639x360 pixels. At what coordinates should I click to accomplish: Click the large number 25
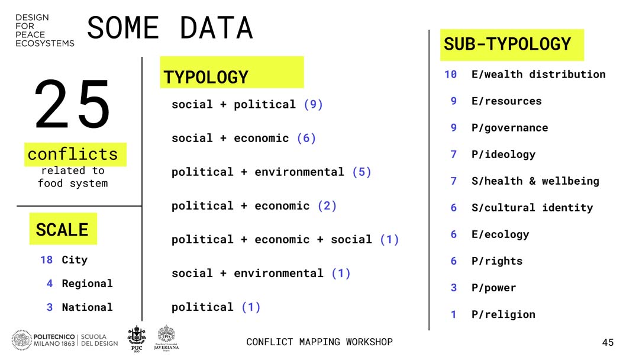73,104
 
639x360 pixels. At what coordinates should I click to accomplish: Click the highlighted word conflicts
73,155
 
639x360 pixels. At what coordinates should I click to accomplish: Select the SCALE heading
62,230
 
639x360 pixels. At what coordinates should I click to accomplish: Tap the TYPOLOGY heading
206,77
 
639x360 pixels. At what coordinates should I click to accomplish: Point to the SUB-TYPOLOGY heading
508,44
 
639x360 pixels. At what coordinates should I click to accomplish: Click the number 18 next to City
47,260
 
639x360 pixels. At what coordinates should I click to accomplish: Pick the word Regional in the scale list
87,284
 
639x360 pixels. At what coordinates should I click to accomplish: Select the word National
87,307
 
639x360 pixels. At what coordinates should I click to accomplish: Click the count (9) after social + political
313,104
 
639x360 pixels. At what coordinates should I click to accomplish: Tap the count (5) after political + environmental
362,172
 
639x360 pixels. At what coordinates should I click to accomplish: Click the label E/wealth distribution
538,74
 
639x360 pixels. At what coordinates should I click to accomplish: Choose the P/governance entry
510,128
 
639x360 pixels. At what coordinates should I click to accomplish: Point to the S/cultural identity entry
532,207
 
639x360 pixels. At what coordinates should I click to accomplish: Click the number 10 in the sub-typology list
450,74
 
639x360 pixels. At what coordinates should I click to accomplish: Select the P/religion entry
504,314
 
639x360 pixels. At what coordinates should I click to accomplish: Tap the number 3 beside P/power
454,287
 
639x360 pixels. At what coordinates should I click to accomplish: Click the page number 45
608,342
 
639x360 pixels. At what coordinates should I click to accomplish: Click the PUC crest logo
137,338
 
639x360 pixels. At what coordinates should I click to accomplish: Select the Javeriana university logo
166,338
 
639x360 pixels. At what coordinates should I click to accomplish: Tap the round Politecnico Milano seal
21,340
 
